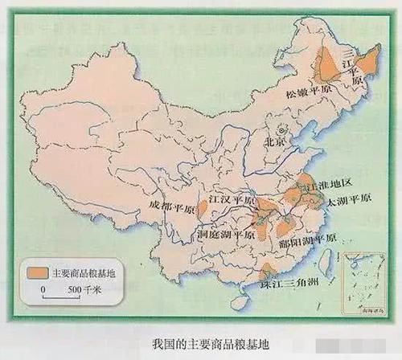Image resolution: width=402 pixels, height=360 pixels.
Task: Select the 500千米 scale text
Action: pos(79,288)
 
